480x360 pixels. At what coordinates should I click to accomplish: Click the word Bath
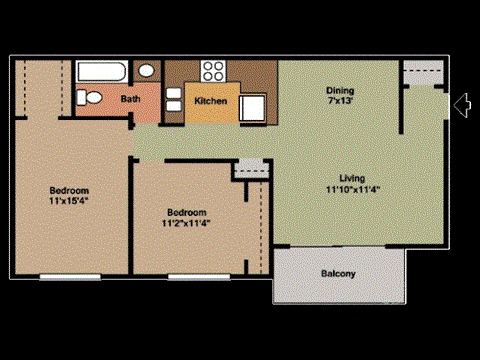tap(131, 99)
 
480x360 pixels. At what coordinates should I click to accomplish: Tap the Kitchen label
tap(210, 101)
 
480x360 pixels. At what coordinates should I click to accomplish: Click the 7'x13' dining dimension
tap(340, 101)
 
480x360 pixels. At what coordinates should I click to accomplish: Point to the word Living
tap(352, 178)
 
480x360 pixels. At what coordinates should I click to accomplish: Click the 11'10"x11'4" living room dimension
tap(352, 189)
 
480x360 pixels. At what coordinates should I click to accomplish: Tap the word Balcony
tap(339, 273)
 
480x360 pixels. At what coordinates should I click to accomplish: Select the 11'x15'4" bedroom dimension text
tap(70, 200)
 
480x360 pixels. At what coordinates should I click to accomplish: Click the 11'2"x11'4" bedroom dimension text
tap(187, 223)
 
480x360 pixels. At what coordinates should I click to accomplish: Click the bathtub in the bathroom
tap(101, 72)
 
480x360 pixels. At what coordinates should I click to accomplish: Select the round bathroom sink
tap(146, 71)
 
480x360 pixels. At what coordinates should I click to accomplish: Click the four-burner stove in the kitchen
tap(213, 71)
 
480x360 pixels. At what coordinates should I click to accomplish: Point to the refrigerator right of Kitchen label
tap(251, 106)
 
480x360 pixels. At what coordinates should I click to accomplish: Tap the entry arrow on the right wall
tap(461, 104)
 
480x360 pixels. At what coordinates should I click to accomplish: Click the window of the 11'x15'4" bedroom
tap(70, 275)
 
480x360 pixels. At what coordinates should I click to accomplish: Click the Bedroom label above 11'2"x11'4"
tap(187, 212)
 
